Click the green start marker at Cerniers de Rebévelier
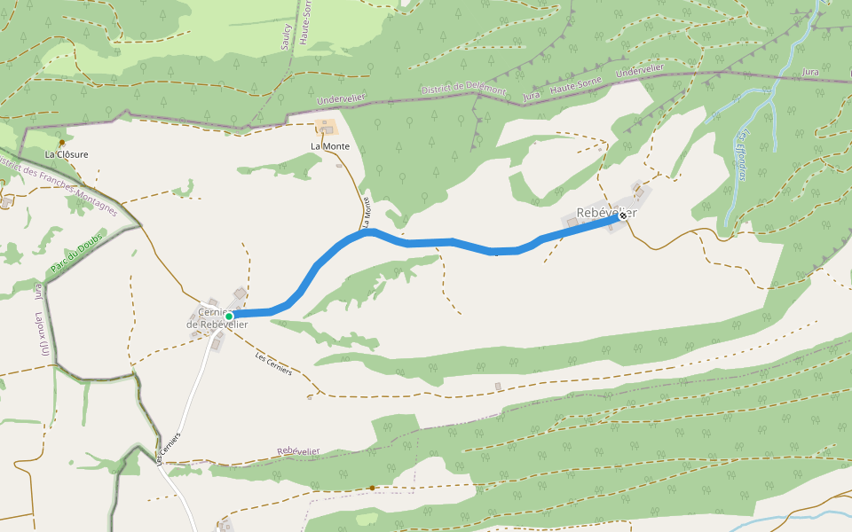[x=229, y=317]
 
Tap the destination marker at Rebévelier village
[x=623, y=215]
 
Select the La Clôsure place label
[x=67, y=153]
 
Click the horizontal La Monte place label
[x=330, y=146]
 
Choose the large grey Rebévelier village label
[x=606, y=213]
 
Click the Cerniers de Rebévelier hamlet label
[x=216, y=317]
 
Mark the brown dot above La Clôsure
[x=62, y=143]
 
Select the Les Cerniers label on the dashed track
[x=273, y=364]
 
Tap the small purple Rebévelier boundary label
[x=298, y=451]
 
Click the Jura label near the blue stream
[x=809, y=71]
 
